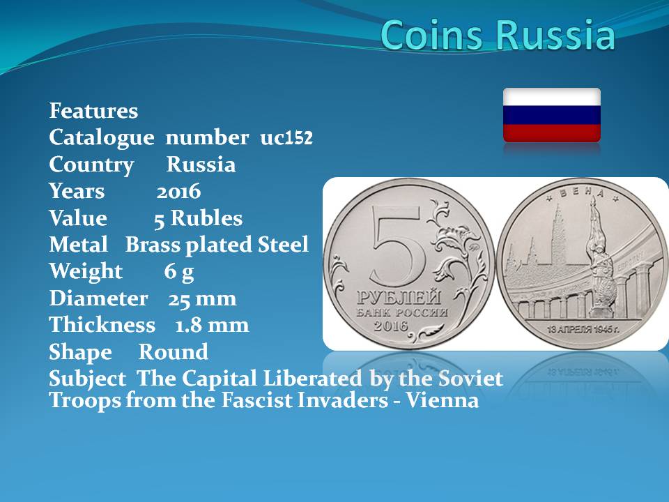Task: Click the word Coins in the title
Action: (x=432, y=34)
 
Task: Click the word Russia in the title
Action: (x=555, y=34)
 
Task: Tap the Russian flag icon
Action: (x=552, y=115)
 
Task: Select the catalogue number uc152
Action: (x=286, y=138)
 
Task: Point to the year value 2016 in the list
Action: (x=178, y=191)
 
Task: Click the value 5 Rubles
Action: (x=198, y=218)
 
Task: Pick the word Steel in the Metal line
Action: (x=283, y=245)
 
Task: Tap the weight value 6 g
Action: (x=179, y=272)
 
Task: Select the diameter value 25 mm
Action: (x=202, y=298)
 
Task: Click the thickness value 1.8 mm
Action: (x=212, y=326)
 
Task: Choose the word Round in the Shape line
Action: (x=174, y=351)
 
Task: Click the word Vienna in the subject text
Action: (x=442, y=400)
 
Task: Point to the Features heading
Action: (x=93, y=111)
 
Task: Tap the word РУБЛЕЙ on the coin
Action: (x=399, y=297)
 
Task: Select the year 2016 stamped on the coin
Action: (x=391, y=326)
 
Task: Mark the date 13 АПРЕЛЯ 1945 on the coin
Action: (x=583, y=329)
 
